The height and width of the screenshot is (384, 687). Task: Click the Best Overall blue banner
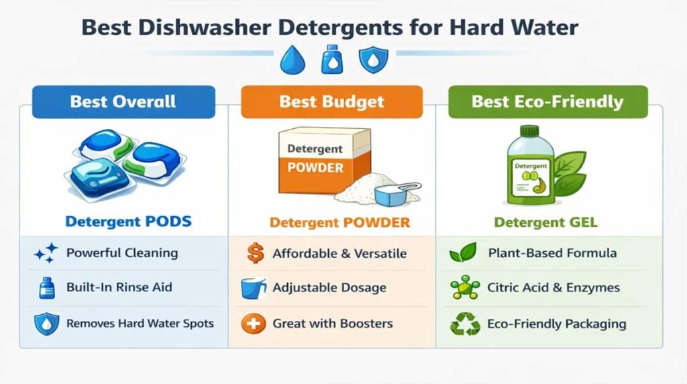pos(123,102)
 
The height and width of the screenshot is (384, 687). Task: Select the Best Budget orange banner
pos(331,102)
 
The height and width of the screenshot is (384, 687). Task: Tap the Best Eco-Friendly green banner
pos(547,102)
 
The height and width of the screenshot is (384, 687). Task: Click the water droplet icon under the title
pos(293,60)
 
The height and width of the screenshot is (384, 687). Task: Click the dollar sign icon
pos(254,253)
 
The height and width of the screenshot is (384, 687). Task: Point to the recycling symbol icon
pos(465,324)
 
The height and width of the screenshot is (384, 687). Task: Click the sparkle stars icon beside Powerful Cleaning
pos(45,254)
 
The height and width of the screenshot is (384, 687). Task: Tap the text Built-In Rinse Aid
pos(119,287)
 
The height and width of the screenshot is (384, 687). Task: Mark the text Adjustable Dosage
pos(329,288)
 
